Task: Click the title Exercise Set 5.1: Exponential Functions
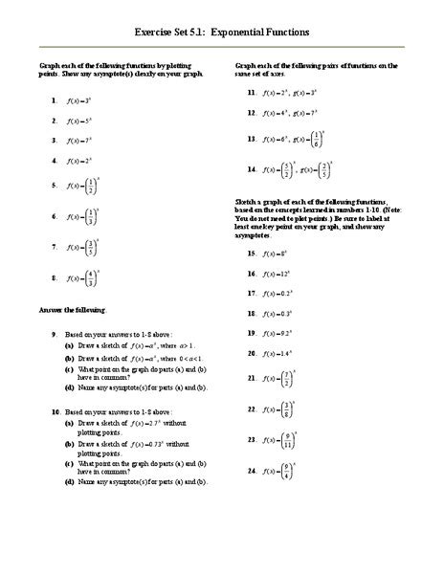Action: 222,31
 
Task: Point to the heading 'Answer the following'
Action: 73,310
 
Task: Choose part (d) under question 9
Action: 70,387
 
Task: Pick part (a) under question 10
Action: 70,422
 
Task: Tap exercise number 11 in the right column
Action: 251,93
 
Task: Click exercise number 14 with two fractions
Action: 251,170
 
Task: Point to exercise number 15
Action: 251,254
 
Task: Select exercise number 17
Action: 251,293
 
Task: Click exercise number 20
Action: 251,353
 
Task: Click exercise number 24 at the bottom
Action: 251,472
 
